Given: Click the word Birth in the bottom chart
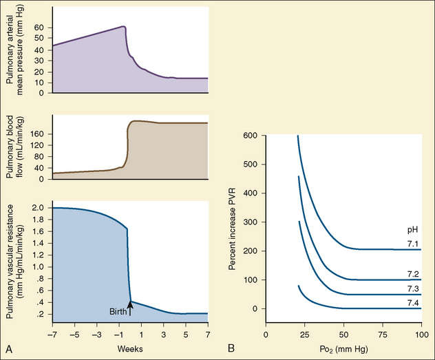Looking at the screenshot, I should click(117, 312).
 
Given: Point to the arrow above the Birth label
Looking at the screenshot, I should click(130, 303).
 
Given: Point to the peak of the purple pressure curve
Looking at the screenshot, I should click(123, 26).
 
